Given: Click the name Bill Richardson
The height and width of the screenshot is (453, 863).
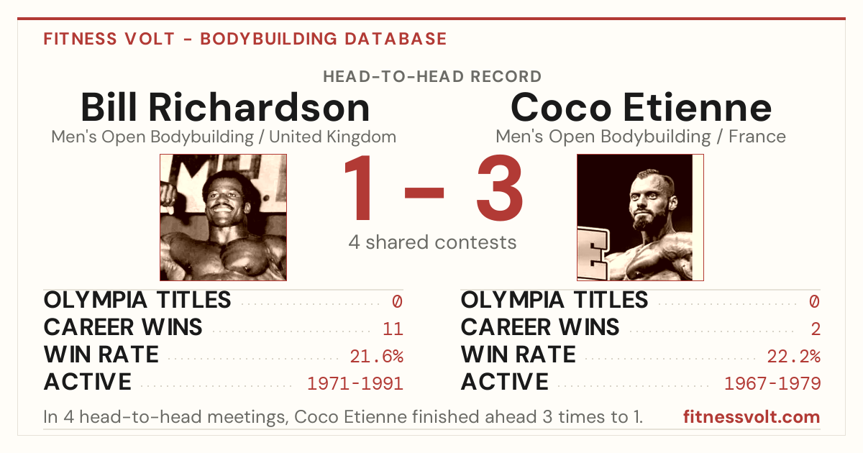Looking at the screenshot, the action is [225, 107].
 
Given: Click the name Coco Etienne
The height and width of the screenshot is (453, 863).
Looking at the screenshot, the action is [641, 107].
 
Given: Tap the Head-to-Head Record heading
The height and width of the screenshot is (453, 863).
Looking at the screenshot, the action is [432, 77].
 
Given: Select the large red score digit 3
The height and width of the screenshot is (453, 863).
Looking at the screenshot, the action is [500, 188].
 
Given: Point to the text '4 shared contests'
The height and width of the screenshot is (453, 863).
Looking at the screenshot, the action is [432, 242].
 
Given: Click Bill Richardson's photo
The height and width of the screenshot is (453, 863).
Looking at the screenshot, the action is [224, 218].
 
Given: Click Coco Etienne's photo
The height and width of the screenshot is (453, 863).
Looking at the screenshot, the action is [640, 218].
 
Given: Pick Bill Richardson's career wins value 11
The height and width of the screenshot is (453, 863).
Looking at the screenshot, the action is [393, 329].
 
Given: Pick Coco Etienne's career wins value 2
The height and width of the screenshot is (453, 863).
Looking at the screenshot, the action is [816, 329].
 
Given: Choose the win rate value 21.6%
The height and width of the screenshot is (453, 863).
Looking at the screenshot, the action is [376, 357].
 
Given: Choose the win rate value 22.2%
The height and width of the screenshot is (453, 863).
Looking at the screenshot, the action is [794, 357].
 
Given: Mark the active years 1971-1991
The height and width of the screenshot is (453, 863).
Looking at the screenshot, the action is [355, 384].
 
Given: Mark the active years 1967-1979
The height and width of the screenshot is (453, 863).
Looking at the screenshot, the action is [772, 384].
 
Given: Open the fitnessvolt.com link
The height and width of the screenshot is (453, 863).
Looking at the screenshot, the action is [752, 417].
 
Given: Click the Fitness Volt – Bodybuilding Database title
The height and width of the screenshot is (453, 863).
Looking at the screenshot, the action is [245, 39].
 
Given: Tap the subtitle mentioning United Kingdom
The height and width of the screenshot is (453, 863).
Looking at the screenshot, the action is [224, 137].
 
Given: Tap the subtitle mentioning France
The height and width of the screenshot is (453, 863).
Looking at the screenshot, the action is [641, 137].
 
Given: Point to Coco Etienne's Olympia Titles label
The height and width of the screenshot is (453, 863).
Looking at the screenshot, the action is [554, 300].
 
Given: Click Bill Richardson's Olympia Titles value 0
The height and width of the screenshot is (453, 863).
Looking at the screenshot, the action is [398, 301].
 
